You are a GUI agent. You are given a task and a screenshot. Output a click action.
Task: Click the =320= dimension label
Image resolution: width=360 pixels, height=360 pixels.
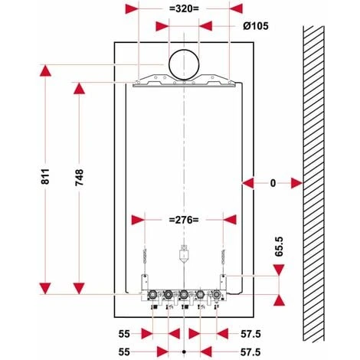coord(183,8)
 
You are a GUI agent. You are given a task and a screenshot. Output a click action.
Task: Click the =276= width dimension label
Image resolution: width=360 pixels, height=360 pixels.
coord(183,220)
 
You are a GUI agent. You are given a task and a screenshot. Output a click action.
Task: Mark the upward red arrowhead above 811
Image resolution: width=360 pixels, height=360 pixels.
coord(45,72)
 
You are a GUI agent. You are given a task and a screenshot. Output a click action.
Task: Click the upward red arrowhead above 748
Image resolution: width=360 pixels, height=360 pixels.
coord(77,87)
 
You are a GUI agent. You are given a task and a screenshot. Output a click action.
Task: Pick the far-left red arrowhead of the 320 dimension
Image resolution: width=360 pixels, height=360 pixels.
coord(132,8)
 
